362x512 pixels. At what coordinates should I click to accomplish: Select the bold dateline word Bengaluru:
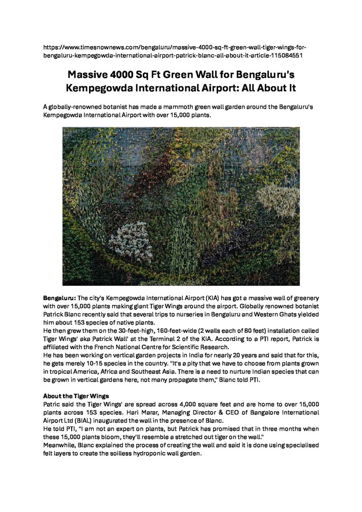[59, 297]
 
